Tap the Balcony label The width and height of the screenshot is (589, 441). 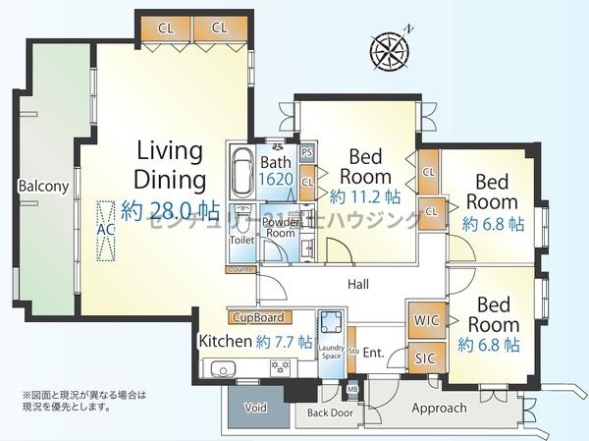click(x=42, y=186)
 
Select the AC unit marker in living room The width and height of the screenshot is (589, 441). click(x=105, y=231)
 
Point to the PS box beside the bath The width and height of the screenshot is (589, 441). click(x=307, y=153)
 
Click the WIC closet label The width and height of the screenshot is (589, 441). click(x=425, y=321)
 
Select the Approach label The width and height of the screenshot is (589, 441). click(x=439, y=408)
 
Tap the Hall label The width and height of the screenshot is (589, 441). click(x=358, y=283)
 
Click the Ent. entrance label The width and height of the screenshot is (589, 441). click(x=374, y=351)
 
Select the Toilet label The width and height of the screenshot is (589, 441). click(x=242, y=239)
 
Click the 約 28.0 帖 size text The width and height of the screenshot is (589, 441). click(x=171, y=209)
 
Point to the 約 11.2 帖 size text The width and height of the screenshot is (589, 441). click(x=365, y=194)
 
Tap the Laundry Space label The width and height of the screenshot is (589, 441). click(x=331, y=352)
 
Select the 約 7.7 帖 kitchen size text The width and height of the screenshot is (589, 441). click(x=284, y=342)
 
